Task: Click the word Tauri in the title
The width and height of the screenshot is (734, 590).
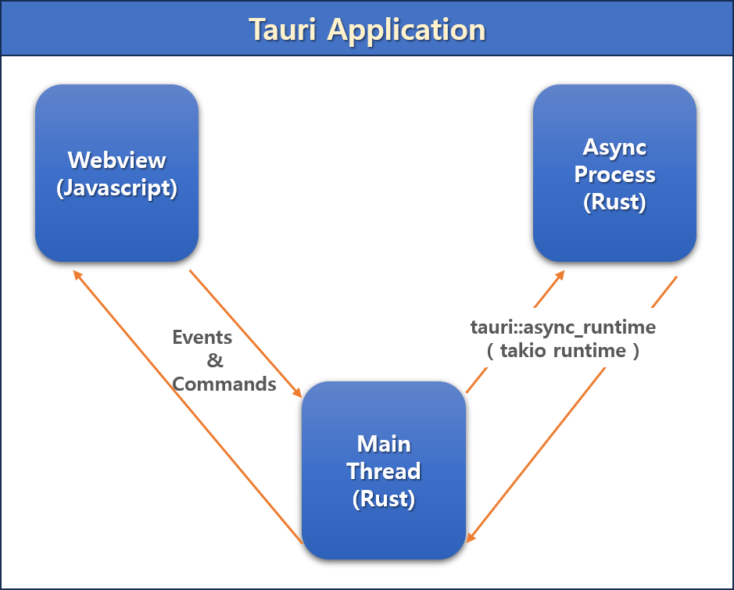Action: [x=282, y=30]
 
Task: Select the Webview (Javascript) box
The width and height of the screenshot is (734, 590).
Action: [x=117, y=173]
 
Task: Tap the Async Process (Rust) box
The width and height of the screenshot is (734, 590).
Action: [x=614, y=173]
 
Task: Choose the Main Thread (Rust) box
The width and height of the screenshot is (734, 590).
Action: [x=384, y=470]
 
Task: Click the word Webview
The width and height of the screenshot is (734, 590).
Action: [x=116, y=160]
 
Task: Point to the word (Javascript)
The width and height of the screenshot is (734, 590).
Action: [x=116, y=188]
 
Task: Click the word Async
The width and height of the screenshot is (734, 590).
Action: [x=614, y=148]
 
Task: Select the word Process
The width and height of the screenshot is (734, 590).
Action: [x=614, y=174]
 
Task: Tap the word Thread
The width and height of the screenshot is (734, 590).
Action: [x=384, y=471]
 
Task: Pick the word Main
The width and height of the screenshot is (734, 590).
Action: [x=384, y=444]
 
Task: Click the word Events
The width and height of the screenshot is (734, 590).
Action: [x=202, y=338]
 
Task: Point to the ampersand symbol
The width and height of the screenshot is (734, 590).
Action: [x=215, y=360]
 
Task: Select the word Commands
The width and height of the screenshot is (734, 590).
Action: [x=224, y=384]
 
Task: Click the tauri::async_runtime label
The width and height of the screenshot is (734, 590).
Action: [x=563, y=327]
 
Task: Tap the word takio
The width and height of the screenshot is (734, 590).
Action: [x=523, y=351]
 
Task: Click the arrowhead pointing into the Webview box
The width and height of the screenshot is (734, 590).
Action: [x=77, y=275]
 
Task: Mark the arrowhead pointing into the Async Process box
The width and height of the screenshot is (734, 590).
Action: [x=560, y=275]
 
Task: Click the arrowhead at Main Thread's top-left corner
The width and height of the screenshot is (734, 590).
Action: [x=297, y=392]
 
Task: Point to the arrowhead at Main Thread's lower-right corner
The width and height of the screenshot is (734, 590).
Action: [x=471, y=538]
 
